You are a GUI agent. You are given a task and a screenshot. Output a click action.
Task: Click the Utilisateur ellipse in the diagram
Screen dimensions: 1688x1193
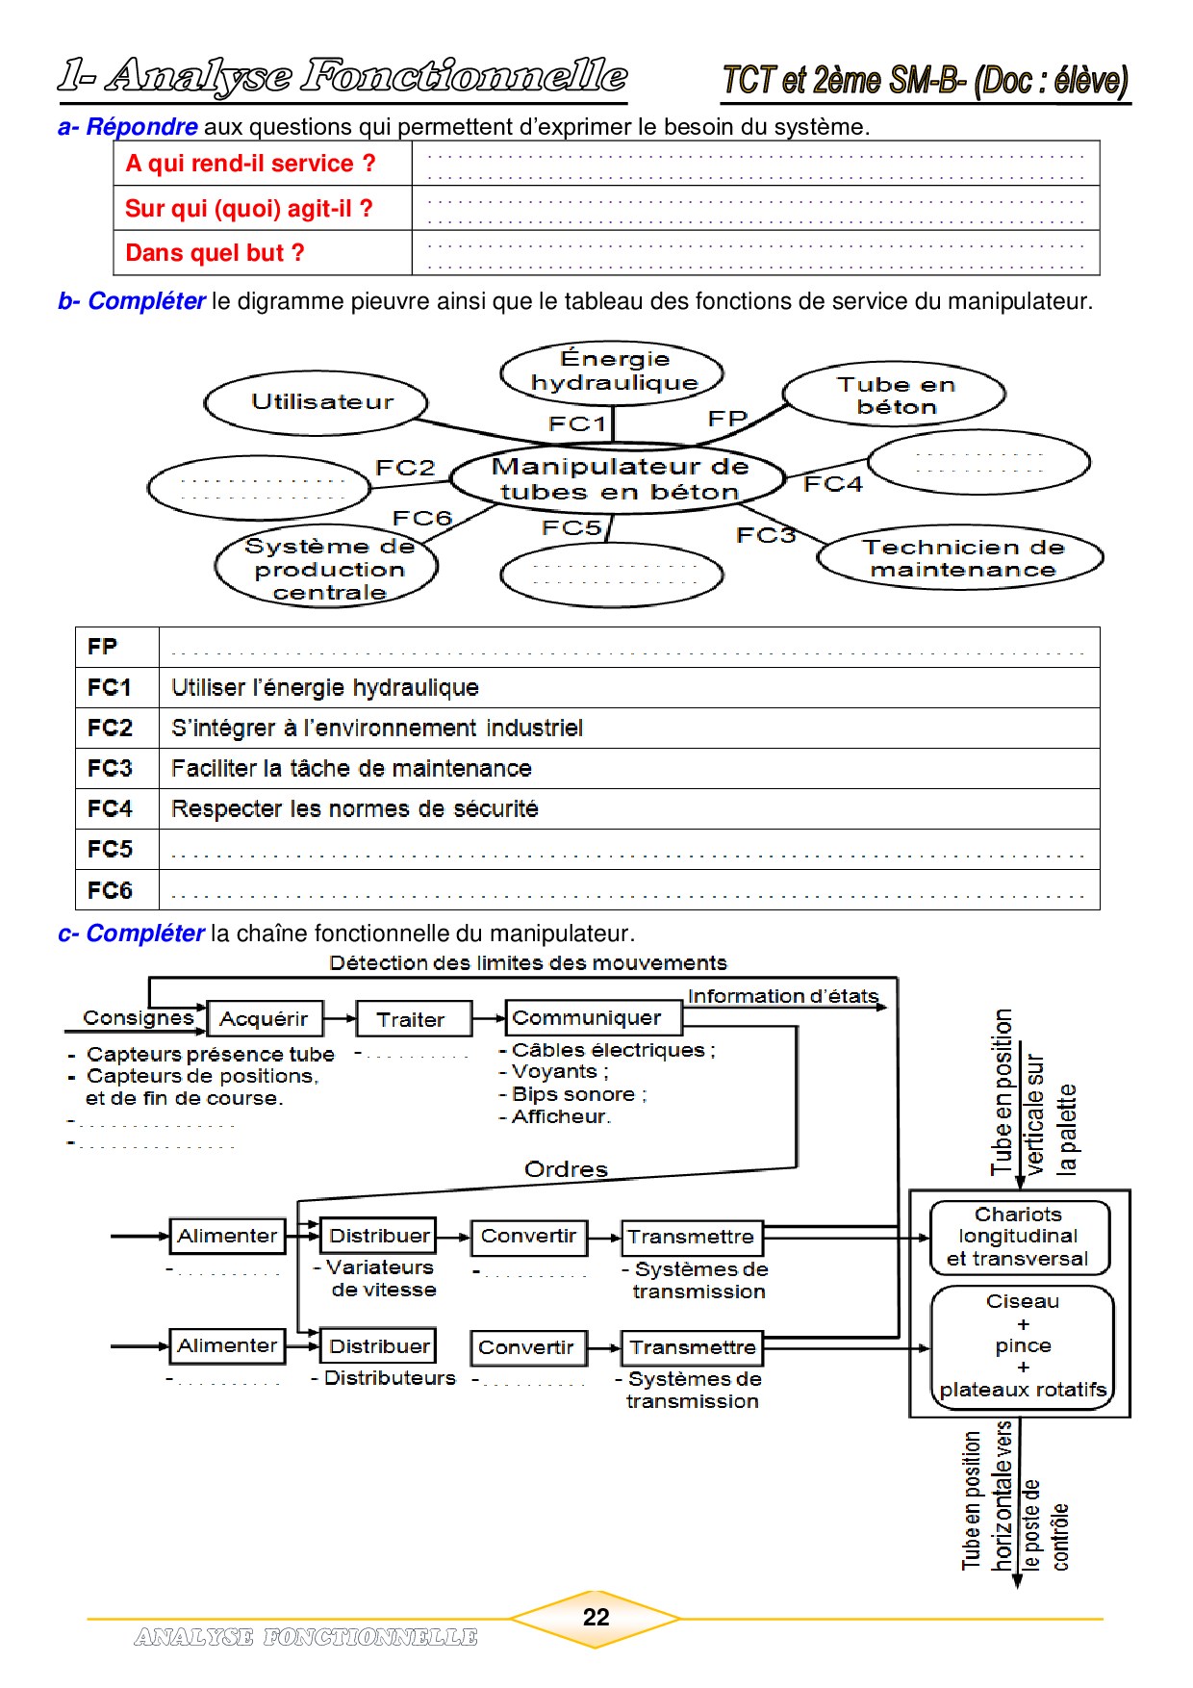click(317, 402)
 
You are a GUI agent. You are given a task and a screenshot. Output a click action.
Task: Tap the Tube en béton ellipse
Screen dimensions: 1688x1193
click(894, 395)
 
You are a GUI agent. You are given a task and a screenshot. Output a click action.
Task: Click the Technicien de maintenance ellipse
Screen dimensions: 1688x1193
click(960, 558)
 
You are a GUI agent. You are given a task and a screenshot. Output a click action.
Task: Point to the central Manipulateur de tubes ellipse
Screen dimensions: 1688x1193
click(619, 478)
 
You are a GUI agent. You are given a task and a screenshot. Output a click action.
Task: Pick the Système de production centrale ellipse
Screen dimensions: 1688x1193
click(327, 569)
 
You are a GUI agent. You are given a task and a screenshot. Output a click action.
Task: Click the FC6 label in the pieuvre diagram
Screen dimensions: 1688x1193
click(421, 518)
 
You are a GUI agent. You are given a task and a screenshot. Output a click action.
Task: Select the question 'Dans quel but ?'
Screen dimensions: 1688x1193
click(215, 253)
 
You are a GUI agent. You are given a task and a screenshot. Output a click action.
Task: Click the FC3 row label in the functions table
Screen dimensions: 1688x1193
click(110, 768)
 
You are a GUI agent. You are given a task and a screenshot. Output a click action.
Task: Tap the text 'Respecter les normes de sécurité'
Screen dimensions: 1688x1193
click(354, 808)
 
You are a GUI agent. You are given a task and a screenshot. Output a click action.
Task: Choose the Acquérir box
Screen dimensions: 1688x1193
click(265, 1019)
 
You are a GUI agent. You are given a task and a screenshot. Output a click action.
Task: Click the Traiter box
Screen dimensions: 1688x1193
click(412, 1019)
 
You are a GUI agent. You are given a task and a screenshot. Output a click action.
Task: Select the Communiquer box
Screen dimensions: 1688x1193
click(588, 1018)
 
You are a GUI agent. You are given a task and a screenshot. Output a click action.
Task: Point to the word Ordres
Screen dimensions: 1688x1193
click(566, 1169)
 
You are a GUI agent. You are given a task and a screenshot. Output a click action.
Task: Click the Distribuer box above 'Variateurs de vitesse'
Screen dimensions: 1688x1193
click(379, 1236)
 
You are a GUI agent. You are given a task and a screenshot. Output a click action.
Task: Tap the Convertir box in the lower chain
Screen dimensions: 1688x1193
click(526, 1347)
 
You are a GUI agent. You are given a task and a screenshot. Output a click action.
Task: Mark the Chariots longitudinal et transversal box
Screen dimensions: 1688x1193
click(1018, 1237)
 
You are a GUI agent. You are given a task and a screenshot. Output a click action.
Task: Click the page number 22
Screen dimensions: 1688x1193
click(596, 1618)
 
